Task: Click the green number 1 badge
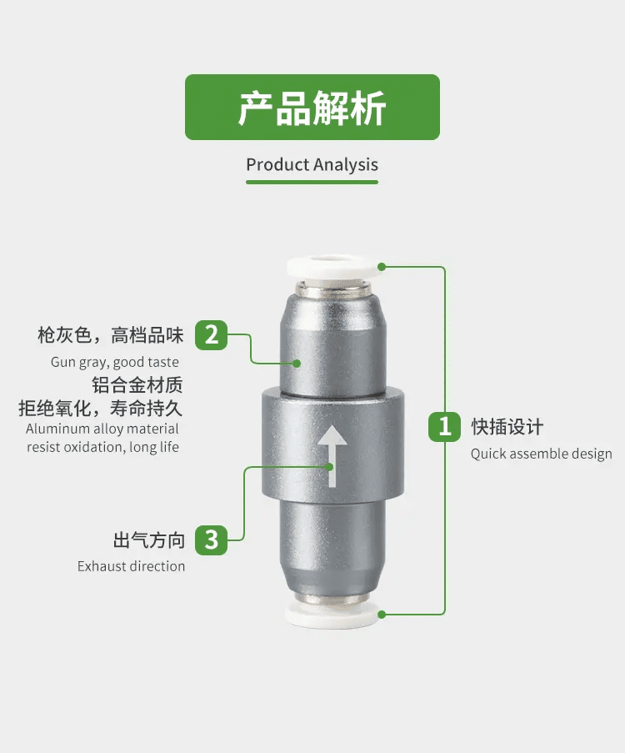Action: pyautogui.click(x=444, y=426)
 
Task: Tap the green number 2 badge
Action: pyautogui.click(x=211, y=334)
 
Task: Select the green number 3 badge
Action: pyautogui.click(x=211, y=540)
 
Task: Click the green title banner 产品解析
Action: pyautogui.click(x=312, y=107)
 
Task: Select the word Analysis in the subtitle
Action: pyautogui.click(x=346, y=165)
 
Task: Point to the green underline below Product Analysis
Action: pyautogui.click(x=312, y=182)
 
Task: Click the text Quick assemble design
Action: pyautogui.click(x=541, y=454)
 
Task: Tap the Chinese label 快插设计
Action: pyautogui.click(x=507, y=426)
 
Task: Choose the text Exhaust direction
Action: pyautogui.click(x=131, y=566)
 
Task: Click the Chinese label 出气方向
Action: pyautogui.click(x=149, y=540)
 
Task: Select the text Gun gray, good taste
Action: pyautogui.click(x=115, y=362)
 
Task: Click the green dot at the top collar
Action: pyautogui.click(x=382, y=267)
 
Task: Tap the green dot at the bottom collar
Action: pyautogui.click(x=382, y=615)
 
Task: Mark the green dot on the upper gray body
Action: pyautogui.click(x=297, y=364)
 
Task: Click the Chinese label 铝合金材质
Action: pyautogui.click(x=137, y=385)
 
